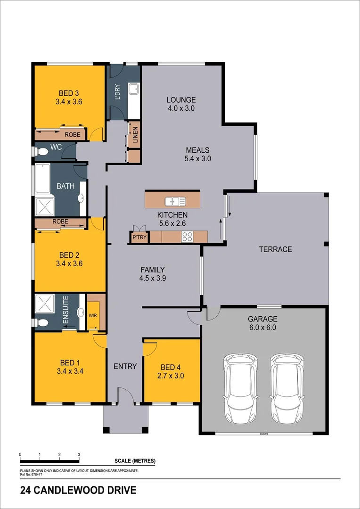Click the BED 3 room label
click(x=69, y=92)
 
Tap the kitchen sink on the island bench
click(x=175, y=202)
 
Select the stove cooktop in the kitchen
click(x=187, y=237)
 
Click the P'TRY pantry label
click(x=139, y=238)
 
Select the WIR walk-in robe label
click(x=93, y=315)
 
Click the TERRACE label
click(x=276, y=249)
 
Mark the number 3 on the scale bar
click(x=79, y=455)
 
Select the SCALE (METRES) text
click(x=134, y=460)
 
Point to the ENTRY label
click(x=125, y=366)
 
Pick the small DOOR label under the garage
click(x=263, y=434)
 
